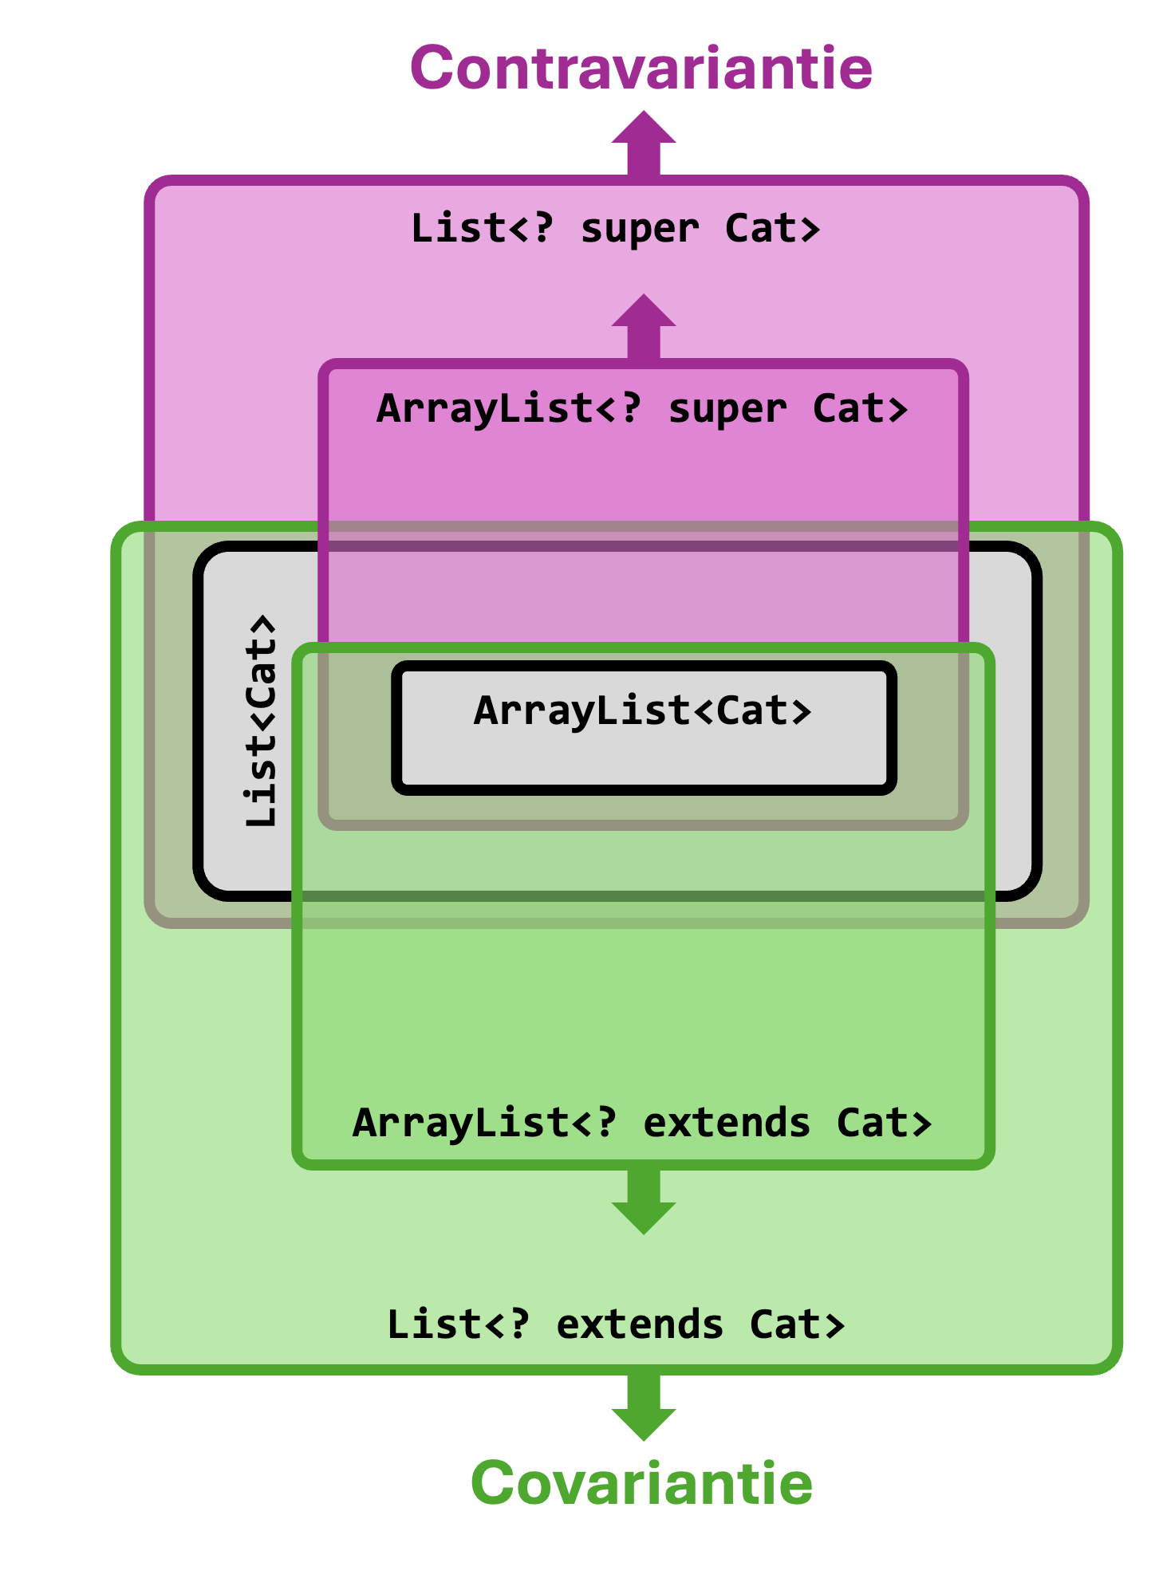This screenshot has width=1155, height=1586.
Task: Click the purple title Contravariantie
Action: (x=641, y=68)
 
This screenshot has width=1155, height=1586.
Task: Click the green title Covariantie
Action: (x=641, y=1482)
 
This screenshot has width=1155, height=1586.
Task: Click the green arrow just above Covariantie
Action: (x=644, y=1408)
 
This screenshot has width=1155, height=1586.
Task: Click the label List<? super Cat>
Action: (x=615, y=229)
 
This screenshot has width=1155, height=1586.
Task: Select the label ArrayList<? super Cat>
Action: (x=642, y=409)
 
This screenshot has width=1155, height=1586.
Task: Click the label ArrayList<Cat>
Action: (x=642, y=710)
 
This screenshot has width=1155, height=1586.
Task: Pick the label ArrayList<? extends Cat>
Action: (x=642, y=1124)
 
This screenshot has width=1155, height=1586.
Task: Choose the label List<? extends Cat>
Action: (x=615, y=1325)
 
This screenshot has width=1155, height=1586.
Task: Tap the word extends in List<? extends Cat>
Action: (x=640, y=1325)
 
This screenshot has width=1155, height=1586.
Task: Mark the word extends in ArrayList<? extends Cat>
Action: (x=727, y=1124)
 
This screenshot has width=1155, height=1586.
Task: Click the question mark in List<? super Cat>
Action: (x=542, y=228)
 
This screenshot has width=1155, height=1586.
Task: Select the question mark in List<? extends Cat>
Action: (x=518, y=1324)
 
